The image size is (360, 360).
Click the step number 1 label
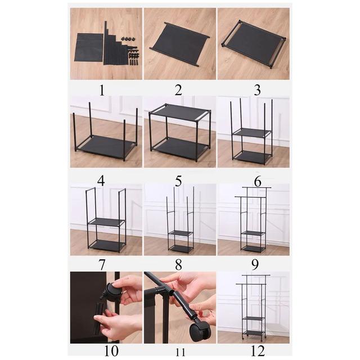tap(102, 90)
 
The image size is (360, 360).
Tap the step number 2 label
tap(178, 90)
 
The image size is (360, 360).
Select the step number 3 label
tap(258, 90)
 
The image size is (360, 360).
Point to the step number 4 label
tap(101, 181)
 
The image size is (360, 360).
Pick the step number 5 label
tap(178, 181)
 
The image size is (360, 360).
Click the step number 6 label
tap(258, 182)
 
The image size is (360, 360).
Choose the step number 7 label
tap(102, 265)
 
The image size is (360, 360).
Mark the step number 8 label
tap(178, 265)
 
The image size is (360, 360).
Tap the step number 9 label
tap(255, 265)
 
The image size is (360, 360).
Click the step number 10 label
tap(111, 350)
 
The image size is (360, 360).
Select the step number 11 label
tap(180, 352)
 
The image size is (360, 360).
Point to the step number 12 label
tap(258, 350)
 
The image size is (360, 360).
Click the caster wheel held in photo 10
tap(114, 292)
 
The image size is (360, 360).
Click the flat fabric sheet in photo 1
tap(89, 47)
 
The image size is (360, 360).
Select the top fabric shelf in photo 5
tap(181, 112)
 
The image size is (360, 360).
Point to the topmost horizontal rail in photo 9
tap(256, 187)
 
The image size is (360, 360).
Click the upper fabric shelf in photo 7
tap(106, 222)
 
